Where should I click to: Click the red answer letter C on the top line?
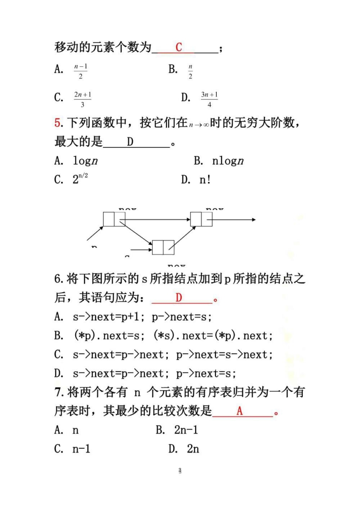pyautogui.click(x=179, y=47)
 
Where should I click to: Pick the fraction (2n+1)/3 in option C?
pyautogui.click(x=83, y=100)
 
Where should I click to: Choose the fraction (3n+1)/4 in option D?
pyautogui.click(x=209, y=100)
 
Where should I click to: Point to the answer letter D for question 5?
pyautogui.click(x=130, y=142)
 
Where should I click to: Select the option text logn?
pyautogui.click(x=86, y=161)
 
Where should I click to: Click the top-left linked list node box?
pyautogui.click(x=114, y=219)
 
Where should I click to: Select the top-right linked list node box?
pyautogui.click(x=201, y=219)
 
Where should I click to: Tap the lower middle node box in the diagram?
pyautogui.click(x=163, y=247)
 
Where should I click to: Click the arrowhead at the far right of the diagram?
pyautogui.click(x=253, y=220)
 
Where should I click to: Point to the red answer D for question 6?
pyautogui.click(x=179, y=298)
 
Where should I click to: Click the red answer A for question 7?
pyautogui.click(x=240, y=411)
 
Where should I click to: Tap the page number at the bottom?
pyautogui.click(x=180, y=471)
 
